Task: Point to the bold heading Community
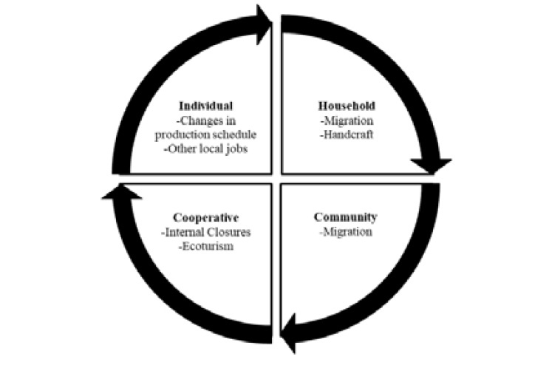[345, 217]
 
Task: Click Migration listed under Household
[347, 120]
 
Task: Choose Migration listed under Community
[347, 232]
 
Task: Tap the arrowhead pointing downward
[431, 164]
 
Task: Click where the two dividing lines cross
[275, 179]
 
